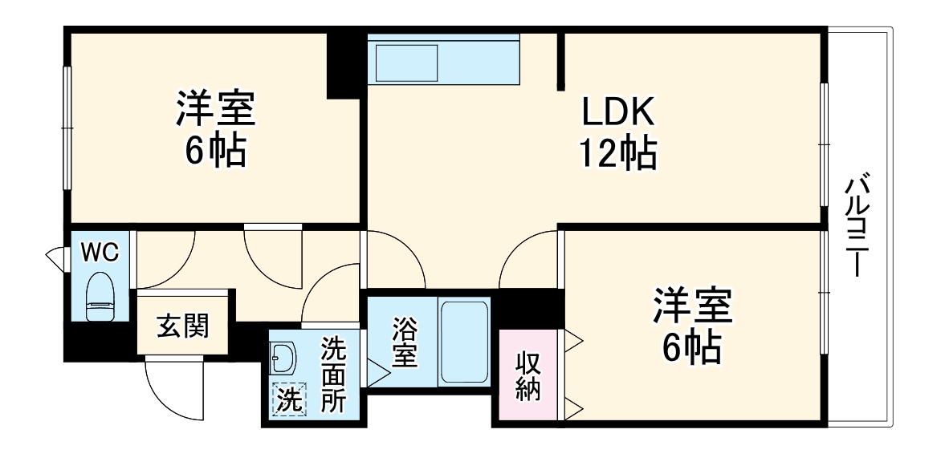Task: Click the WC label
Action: [100, 252]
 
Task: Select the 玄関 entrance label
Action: [182, 327]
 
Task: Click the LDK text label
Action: [618, 112]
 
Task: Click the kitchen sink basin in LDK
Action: [407, 63]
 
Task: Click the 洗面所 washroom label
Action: [332, 375]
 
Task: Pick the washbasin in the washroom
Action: [283, 358]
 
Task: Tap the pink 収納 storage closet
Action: [528, 375]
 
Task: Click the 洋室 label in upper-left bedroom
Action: [216, 110]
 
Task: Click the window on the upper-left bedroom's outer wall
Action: [68, 128]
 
